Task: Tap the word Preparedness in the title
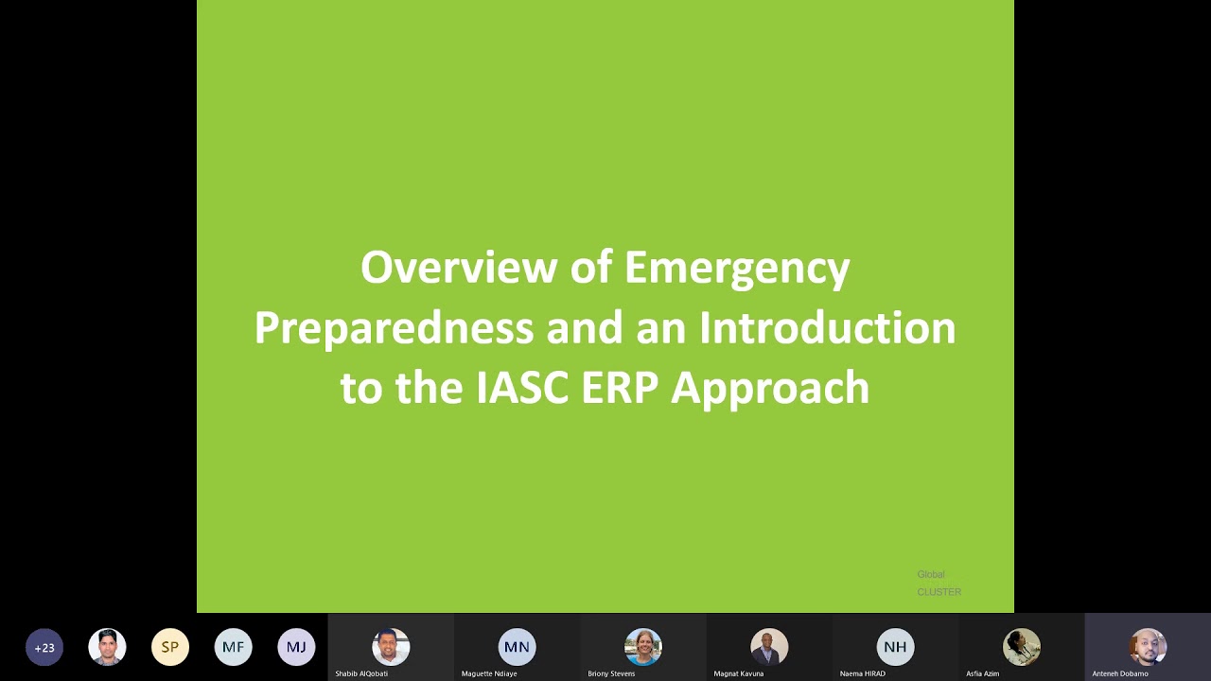tap(394, 328)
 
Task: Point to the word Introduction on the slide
tap(827, 327)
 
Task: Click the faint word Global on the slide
tap(931, 574)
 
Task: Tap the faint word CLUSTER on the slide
tap(939, 592)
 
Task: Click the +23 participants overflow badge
tap(44, 648)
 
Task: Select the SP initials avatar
tap(170, 647)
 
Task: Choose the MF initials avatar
tap(233, 647)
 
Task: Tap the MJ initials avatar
tap(296, 647)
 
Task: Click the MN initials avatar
tap(517, 647)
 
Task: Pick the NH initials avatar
tap(895, 647)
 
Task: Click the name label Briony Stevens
tap(611, 673)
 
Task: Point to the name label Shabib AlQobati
tap(361, 673)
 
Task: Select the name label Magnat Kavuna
tap(739, 673)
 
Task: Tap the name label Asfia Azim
tap(982, 673)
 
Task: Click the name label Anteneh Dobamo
tap(1120, 673)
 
